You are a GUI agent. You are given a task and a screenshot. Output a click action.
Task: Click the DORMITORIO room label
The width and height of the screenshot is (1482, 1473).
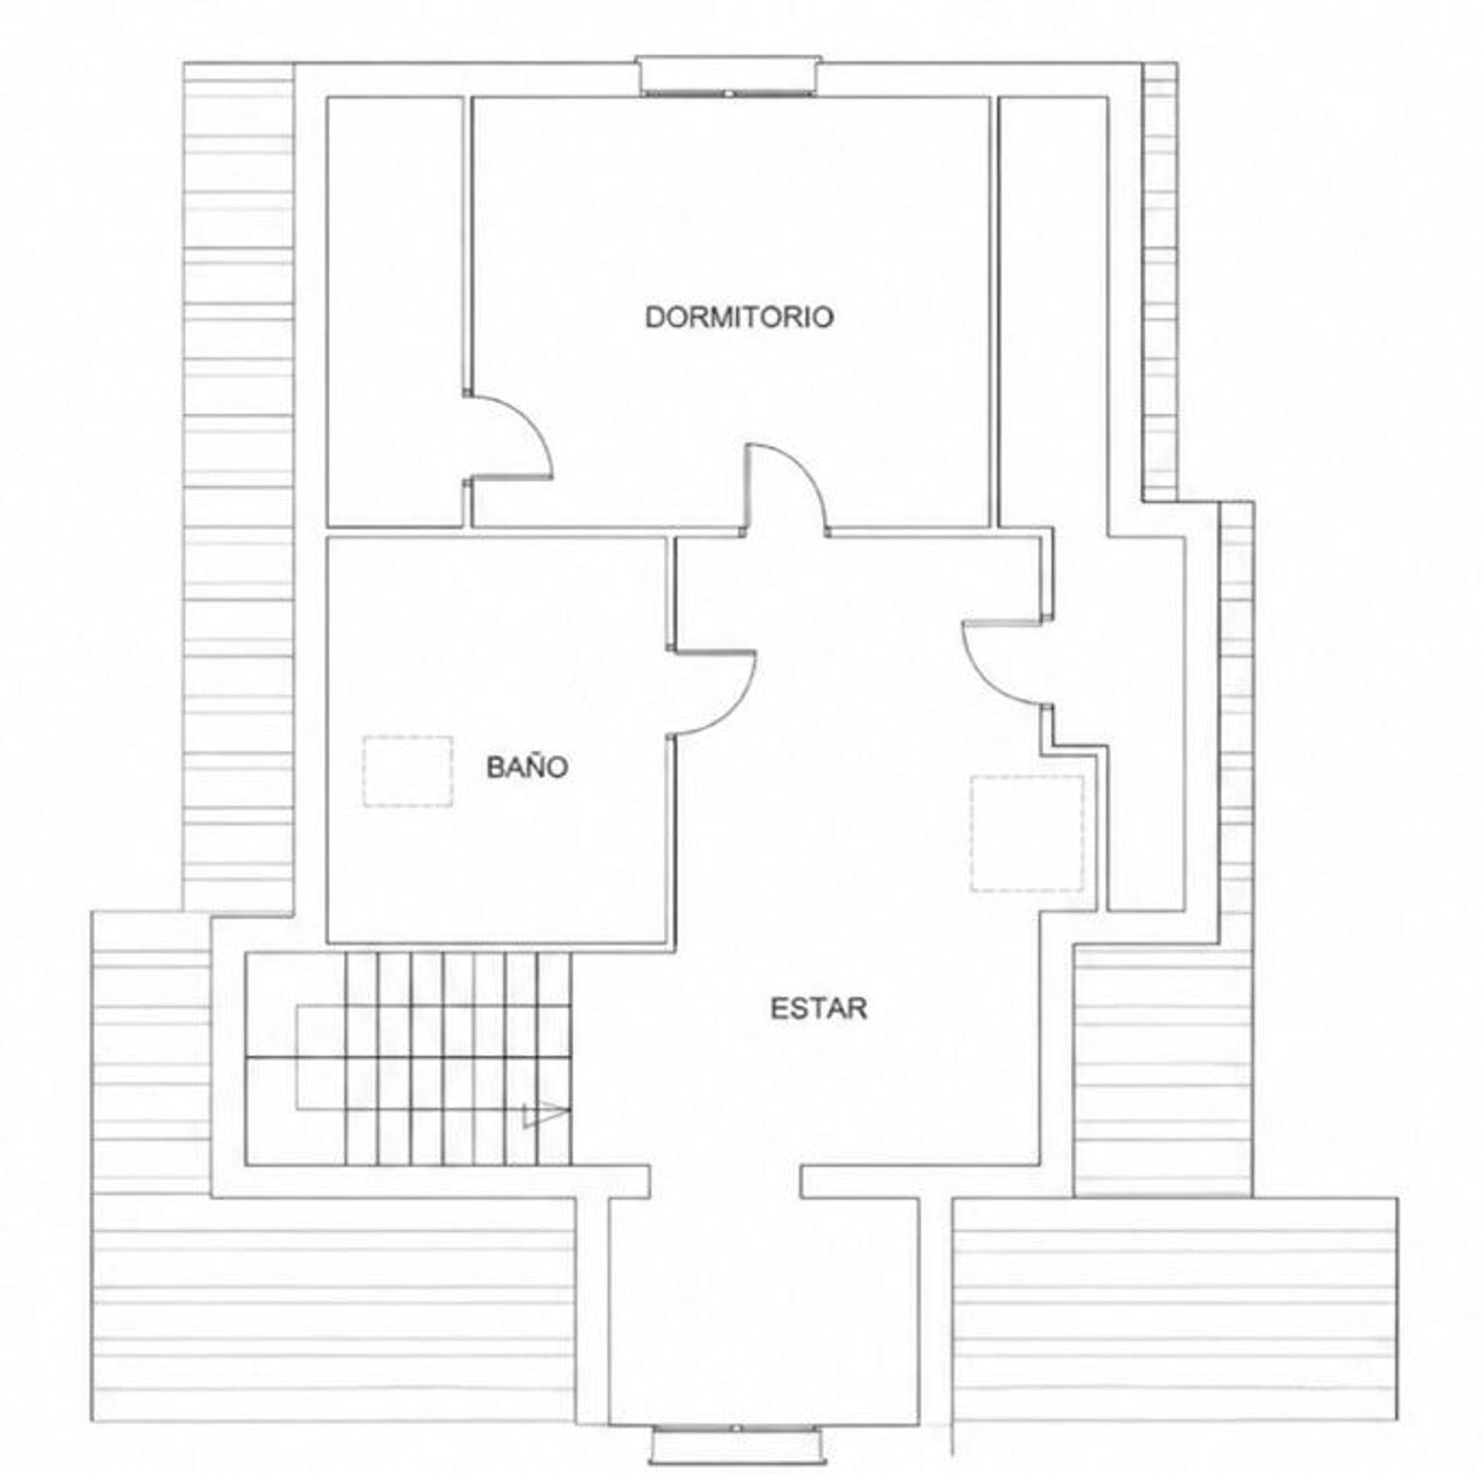tap(739, 317)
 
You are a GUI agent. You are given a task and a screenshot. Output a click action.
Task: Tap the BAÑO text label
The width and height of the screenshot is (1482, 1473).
tap(528, 767)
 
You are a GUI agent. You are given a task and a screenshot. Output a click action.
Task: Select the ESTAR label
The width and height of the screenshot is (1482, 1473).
tap(818, 1009)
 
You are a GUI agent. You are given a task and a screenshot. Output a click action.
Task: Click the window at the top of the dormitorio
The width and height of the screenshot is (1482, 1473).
tap(729, 76)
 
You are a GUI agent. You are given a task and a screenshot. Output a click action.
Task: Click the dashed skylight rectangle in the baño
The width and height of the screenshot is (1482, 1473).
tap(408, 772)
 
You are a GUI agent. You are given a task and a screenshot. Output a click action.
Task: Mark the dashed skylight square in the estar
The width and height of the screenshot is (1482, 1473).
tap(1028, 834)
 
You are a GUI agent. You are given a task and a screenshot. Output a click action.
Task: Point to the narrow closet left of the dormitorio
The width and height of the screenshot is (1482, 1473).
tap(395, 312)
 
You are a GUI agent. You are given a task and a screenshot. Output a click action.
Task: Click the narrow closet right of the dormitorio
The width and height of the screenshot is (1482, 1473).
tap(1052, 312)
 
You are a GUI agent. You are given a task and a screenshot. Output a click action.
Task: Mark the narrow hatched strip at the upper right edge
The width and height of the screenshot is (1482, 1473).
tap(1160, 282)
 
